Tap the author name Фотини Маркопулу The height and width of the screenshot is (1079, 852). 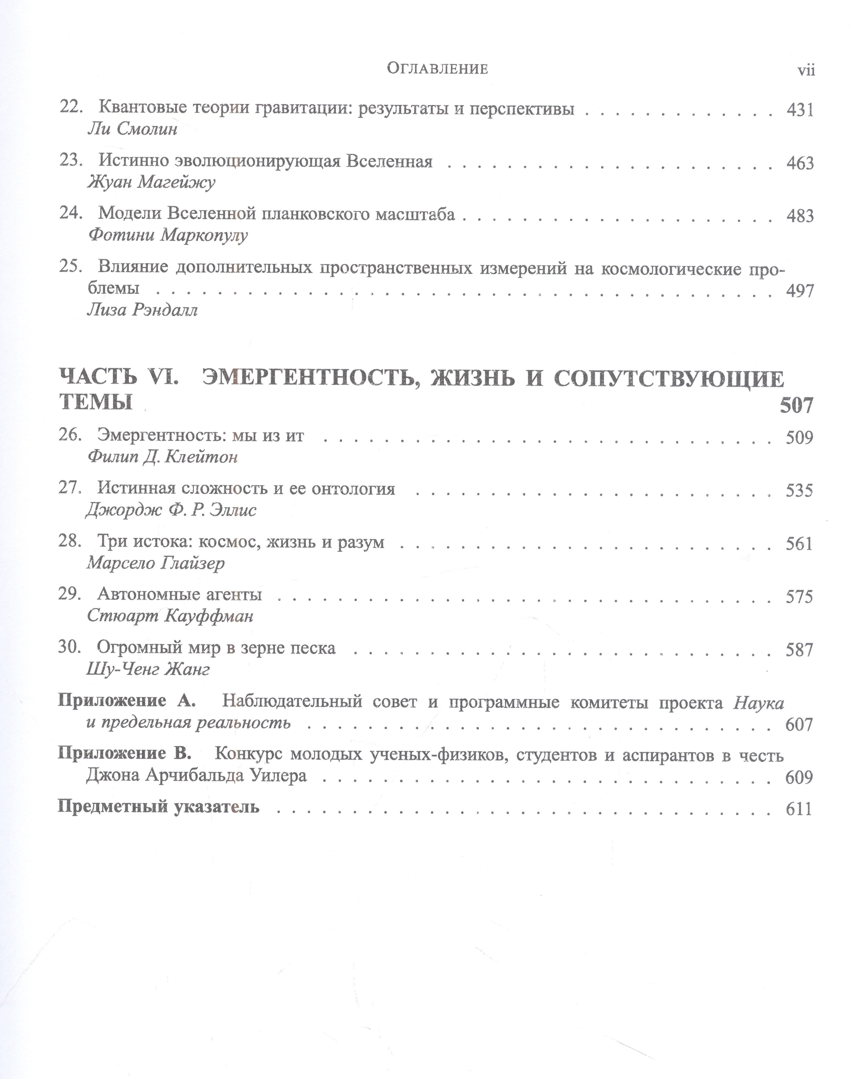coord(168,235)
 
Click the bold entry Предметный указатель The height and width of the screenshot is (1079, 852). coord(159,807)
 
